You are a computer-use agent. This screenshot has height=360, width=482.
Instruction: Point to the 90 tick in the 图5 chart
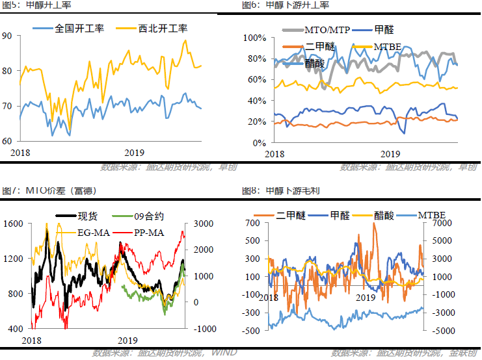pos(7,36)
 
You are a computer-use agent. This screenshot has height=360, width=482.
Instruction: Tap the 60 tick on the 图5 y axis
pos(7,141)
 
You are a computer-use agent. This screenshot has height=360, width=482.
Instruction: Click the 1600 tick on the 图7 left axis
pos(13,224)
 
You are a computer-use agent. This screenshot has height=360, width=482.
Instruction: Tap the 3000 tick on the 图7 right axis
pos(200,224)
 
